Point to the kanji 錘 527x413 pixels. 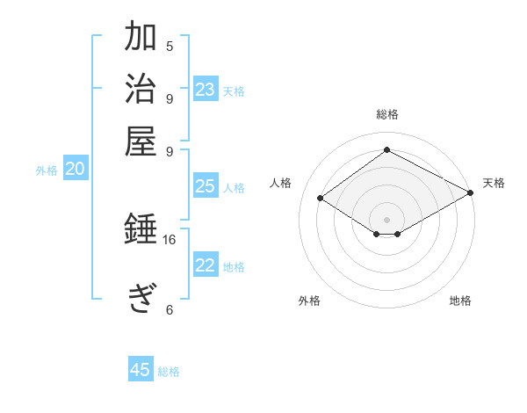[x=141, y=230]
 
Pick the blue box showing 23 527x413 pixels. [x=206, y=90]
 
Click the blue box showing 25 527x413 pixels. [x=205, y=186]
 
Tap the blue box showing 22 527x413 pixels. [x=206, y=266]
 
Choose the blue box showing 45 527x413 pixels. [x=141, y=370]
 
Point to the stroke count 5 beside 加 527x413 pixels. [x=170, y=46]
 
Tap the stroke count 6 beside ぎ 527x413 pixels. [x=170, y=309]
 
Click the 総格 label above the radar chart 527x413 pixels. [x=387, y=114]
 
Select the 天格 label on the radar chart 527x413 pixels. [x=495, y=183]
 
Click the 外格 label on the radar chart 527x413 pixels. [x=309, y=301]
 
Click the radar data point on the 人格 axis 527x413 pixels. [x=321, y=199]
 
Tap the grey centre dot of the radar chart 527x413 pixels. [x=387, y=219]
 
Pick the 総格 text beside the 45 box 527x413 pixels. [x=169, y=372]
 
